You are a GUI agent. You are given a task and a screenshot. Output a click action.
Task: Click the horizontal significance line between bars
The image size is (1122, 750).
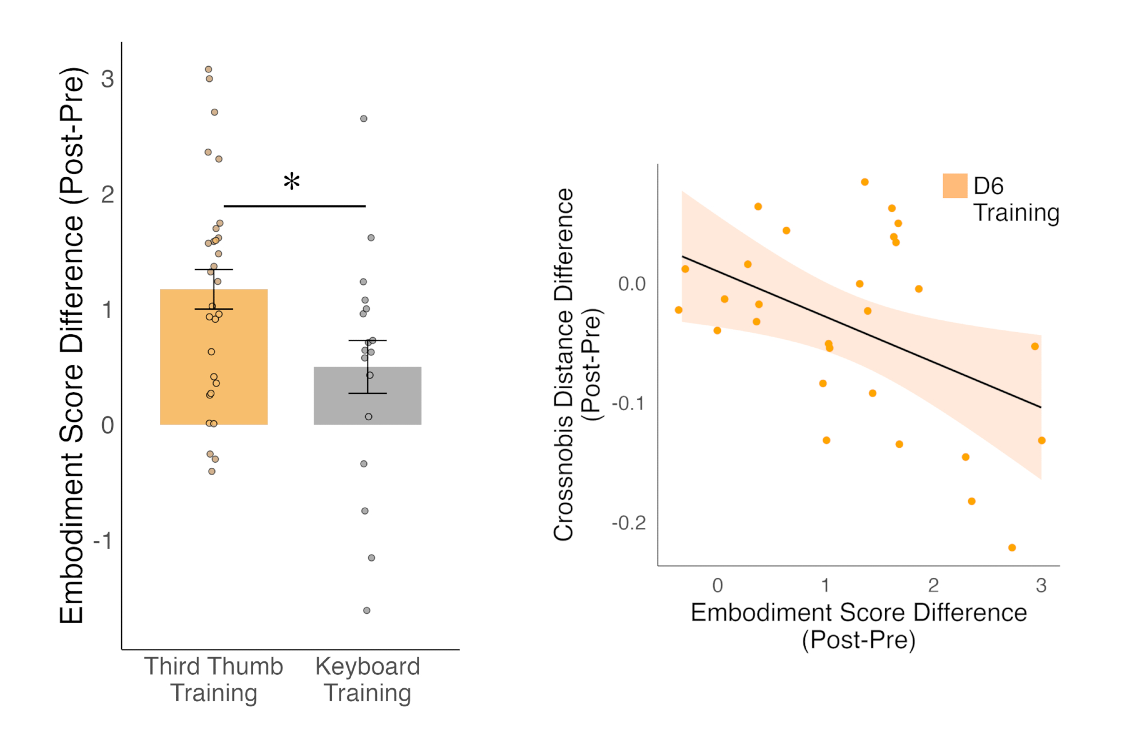click(x=295, y=206)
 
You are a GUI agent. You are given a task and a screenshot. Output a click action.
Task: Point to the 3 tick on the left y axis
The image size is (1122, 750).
click(x=107, y=79)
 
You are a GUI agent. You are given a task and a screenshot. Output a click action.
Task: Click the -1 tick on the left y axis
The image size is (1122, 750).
click(x=104, y=541)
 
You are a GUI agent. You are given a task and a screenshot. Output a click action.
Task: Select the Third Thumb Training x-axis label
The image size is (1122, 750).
click(x=214, y=679)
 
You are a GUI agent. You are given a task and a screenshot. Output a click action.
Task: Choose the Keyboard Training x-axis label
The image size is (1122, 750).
click(x=367, y=679)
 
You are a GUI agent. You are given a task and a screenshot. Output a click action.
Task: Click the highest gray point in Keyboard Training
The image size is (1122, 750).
click(x=364, y=118)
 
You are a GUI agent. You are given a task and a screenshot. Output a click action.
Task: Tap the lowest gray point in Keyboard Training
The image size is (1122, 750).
click(x=366, y=610)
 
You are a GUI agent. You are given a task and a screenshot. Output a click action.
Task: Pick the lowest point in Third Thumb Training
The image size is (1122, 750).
click(x=212, y=471)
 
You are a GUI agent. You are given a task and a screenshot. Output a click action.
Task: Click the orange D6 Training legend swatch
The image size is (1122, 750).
click(x=955, y=186)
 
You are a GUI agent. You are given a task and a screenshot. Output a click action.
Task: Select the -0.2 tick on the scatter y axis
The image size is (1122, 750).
click(x=629, y=523)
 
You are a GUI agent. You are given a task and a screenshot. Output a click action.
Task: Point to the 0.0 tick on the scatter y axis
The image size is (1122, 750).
click(x=632, y=284)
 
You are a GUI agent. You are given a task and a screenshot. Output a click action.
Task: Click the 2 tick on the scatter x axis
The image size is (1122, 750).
click(x=934, y=586)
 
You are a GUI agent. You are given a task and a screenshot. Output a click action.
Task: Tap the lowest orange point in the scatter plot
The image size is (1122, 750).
click(x=1012, y=547)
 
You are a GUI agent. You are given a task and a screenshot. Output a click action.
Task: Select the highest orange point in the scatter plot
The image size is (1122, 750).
click(x=865, y=182)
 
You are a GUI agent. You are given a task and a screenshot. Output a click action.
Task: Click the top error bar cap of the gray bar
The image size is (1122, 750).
click(x=367, y=341)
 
